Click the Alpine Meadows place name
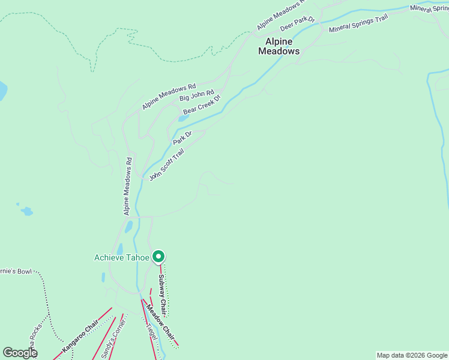pos(279,46)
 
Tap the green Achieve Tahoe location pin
pos(158,256)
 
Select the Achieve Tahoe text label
pos(122,257)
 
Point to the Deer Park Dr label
pos(297,24)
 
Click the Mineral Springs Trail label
pos(358,23)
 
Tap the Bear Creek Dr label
pos(202,105)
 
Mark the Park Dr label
pos(182,138)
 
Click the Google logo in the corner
pos(20,353)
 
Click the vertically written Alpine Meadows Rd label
pos(128,187)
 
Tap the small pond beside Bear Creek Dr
pos(183,118)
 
